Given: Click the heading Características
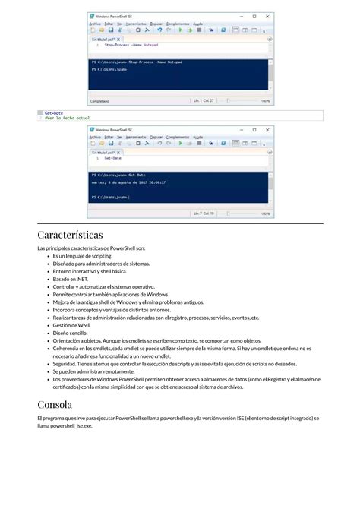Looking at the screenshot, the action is tap(70, 235).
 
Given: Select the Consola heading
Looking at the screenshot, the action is tap(55, 403).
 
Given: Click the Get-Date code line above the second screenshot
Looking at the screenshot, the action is tap(53, 112).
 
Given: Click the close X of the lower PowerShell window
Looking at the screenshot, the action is tap(268, 130).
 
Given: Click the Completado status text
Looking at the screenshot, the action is tap(99, 100).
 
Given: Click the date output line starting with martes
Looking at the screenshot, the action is tap(128, 182).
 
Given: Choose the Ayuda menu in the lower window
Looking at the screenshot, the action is tap(198, 137).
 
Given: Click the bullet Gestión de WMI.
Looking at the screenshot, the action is tap(71, 325).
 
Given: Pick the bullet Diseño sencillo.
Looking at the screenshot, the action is tap(70, 333).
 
